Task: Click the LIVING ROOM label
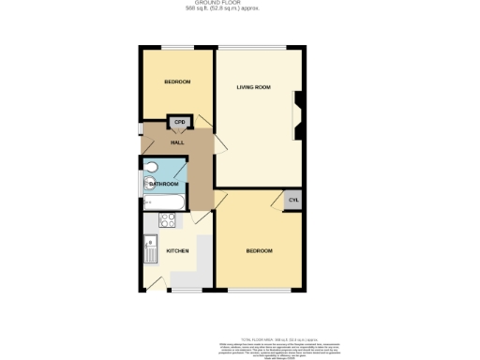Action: tap(253, 87)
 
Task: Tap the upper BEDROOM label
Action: tap(177, 82)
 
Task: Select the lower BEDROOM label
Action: tap(260, 251)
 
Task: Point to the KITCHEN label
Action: tap(178, 251)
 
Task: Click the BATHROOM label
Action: tap(164, 184)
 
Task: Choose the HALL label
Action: tap(176, 142)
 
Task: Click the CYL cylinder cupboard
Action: tap(292, 201)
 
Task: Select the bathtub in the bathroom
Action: tap(163, 202)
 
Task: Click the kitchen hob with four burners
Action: tap(168, 221)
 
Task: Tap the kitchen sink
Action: tap(150, 249)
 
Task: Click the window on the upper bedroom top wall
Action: tap(177, 48)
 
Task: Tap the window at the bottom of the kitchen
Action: tap(176, 291)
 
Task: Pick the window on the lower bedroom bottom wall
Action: tap(259, 291)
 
